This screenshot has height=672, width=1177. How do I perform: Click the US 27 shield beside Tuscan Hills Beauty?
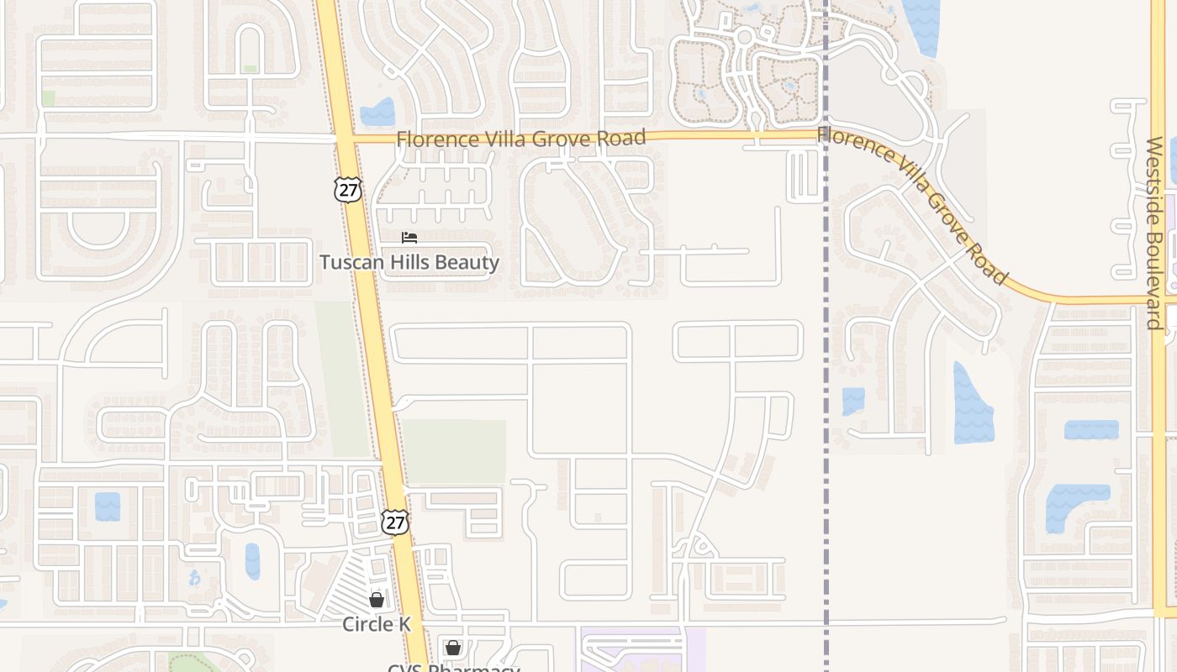(347, 189)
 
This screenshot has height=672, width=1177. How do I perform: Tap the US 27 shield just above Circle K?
(394, 522)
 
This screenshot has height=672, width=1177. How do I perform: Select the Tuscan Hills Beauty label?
(409, 262)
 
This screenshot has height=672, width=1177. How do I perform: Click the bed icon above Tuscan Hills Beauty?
(409, 238)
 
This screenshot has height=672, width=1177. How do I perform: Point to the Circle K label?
(377, 624)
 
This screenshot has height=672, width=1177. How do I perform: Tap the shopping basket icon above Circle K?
(377, 600)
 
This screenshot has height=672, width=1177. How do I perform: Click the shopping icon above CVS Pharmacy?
(453, 648)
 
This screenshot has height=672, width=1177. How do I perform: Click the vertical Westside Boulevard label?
(1154, 234)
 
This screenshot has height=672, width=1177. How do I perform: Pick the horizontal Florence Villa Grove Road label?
(521, 138)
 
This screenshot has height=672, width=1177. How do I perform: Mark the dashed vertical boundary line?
(826, 336)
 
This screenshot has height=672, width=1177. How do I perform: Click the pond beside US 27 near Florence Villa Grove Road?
(377, 113)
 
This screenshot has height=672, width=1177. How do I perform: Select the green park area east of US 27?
(454, 451)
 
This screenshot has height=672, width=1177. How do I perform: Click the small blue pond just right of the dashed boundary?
(853, 401)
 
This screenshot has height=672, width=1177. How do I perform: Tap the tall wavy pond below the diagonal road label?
(973, 405)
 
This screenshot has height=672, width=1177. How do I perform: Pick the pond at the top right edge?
(923, 25)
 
